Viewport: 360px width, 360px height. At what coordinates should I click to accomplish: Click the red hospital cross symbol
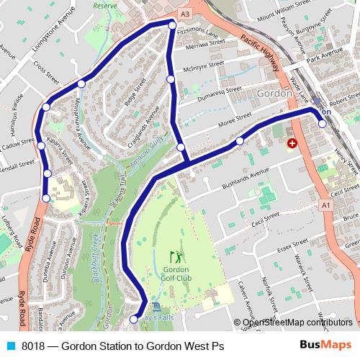(x=292, y=144)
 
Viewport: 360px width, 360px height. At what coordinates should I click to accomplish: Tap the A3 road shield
(x=185, y=14)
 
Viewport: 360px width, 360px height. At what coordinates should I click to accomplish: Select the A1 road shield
(x=326, y=205)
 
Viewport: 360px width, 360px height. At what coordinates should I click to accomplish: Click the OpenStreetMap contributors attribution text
(x=297, y=323)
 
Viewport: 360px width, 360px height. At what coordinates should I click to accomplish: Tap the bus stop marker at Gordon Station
(x=322, y=123)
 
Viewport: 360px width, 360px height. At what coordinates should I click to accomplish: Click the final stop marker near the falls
(x=132, y=319)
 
